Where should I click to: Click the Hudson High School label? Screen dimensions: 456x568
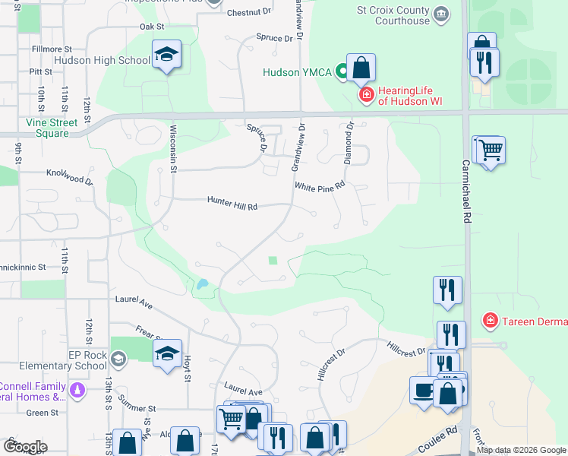coord(102,60)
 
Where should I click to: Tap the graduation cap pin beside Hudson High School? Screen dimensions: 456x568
coord(166,55)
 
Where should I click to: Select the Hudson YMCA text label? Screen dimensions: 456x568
coord(298,73)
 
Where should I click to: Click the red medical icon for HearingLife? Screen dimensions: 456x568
coord(366,94)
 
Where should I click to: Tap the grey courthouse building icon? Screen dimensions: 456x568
coord(441,14)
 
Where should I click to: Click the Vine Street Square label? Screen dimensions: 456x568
coord(52,128)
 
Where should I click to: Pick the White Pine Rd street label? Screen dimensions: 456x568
coord(320,186)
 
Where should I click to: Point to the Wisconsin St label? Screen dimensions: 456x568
coord(173,148)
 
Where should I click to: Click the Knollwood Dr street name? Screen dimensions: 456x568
coord(68,177)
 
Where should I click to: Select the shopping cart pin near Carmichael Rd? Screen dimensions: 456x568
coord(490,150)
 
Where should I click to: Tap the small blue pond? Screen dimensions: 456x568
coord(202,285)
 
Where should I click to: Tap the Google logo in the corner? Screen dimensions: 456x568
coord(25,447)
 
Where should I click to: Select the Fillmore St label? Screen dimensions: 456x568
coord(52,49)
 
